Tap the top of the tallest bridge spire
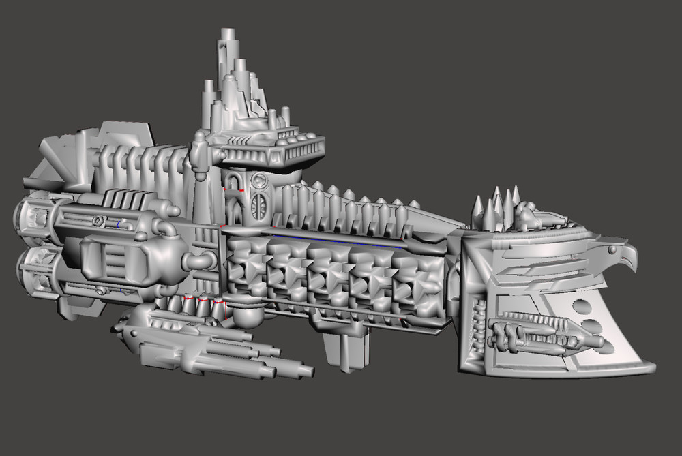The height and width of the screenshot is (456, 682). pyautogui.click(x=226, y=32)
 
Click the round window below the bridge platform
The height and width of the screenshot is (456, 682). pyautogui.click(x=259, y=181)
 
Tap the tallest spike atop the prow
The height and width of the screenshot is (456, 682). pyautogui.click(x=497, y=196)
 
